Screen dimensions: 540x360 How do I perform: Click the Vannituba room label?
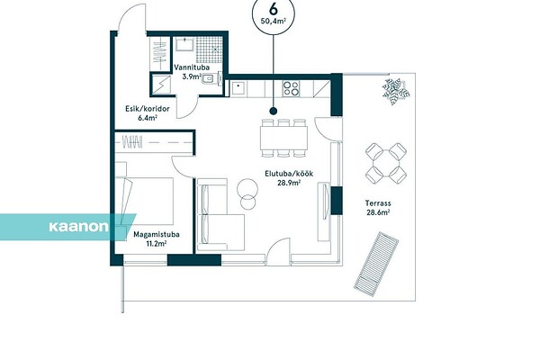(192, 67)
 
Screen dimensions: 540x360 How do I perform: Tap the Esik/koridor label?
(148, 109)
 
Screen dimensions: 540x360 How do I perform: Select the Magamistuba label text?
(157, 235)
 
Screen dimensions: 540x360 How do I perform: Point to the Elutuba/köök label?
(289, 174)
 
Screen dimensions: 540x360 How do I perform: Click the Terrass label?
(378, 203)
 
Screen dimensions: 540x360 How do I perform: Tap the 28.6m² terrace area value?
(378, 212)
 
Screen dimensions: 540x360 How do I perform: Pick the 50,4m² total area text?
(274, 21)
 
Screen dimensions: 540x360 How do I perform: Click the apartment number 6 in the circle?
(274, 9)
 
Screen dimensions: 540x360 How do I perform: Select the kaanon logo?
(78, 227)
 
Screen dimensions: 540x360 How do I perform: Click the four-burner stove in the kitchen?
(291, 88)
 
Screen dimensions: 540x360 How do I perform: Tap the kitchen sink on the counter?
(238, 88)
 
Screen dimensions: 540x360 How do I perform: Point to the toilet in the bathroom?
(209, 79)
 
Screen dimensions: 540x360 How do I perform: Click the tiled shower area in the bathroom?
(208, 50)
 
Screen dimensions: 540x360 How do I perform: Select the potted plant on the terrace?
(395, 91)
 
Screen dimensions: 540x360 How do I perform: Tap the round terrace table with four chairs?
(386, 163)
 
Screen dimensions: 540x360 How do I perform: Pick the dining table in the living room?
(283, 138)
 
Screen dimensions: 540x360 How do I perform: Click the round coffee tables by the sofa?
(247, 193)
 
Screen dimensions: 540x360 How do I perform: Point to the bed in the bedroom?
(145, 202)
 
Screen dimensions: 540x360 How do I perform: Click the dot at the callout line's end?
(274, 111)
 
